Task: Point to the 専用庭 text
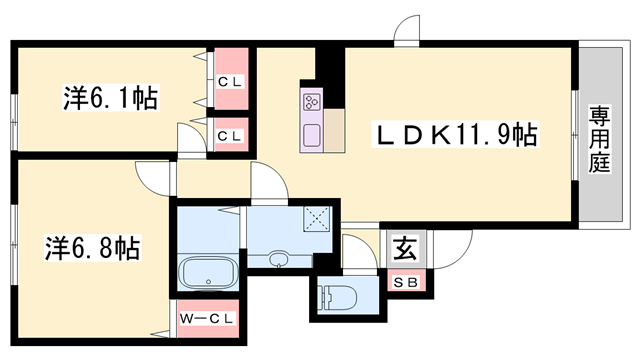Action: pos(599,139)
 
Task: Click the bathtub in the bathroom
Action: pos(206,270)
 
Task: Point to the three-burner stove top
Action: pos(310,101)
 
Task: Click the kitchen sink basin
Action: pos(310,135)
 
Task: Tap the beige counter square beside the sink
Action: pos(334,130)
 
